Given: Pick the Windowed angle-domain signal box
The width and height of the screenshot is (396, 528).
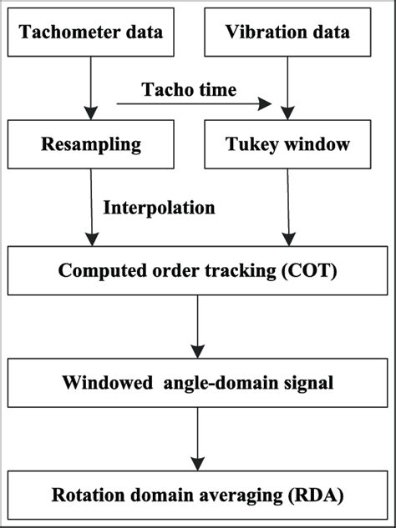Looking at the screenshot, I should coord(197,383).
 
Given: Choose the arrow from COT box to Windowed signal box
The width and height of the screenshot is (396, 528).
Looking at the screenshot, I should coord(197,327).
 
